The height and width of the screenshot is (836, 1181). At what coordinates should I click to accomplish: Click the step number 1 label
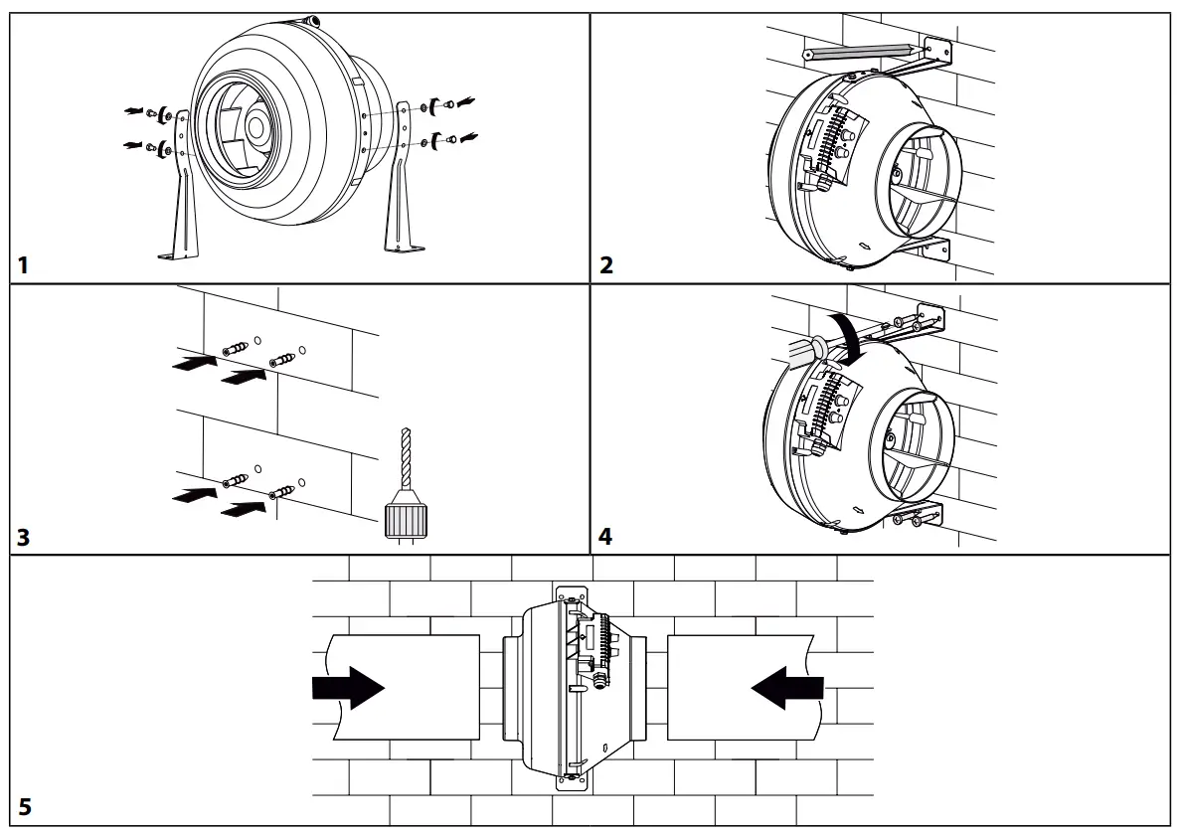(23, 265)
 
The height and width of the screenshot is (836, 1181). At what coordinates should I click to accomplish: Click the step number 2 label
(606, 265)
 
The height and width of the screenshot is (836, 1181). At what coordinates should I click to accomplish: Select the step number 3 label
(24, 537)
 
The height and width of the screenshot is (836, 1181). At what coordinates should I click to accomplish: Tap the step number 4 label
(606, 537)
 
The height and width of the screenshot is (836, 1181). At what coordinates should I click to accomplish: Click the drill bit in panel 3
(403, 457)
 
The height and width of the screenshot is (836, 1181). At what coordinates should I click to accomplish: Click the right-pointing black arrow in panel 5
(348, 687)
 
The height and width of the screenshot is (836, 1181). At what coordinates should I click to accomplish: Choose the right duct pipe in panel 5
(741, 687)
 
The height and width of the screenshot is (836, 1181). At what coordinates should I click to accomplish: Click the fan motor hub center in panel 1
(256, 127)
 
